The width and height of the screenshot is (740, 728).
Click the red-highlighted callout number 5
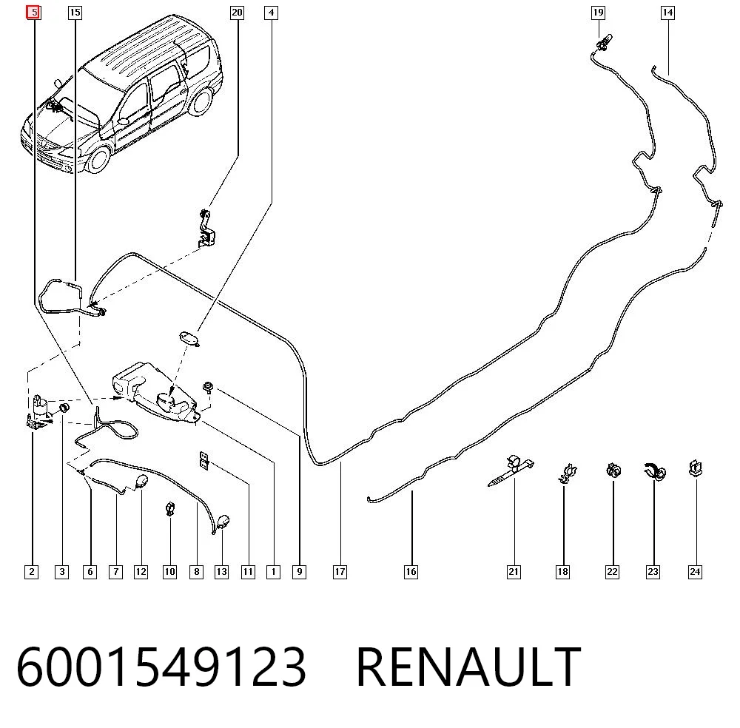33,13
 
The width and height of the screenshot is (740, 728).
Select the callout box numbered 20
237,13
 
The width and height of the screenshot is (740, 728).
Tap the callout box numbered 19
598,13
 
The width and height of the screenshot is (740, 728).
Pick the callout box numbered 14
667,13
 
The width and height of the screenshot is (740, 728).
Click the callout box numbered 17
340,572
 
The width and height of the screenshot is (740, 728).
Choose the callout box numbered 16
411,572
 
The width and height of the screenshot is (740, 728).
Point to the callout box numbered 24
695,572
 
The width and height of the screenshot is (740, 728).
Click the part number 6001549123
161,667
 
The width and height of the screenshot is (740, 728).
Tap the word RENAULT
468,667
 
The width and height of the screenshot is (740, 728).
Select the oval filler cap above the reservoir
189,339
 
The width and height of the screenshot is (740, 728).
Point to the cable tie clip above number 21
511,470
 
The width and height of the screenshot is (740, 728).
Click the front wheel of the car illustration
98,160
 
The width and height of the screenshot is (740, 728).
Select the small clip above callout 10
170,508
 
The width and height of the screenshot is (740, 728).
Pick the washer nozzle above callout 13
223,521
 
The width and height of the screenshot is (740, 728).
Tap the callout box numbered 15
75,13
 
